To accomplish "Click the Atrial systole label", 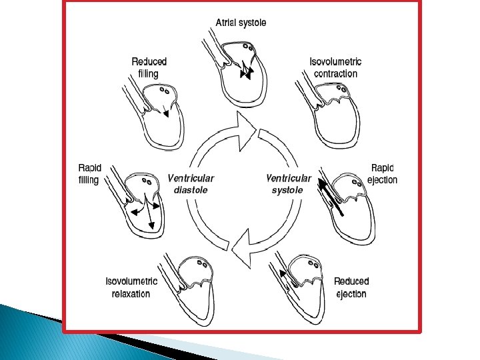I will click(x=241, y=23).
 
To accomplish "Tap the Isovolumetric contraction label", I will click(x=337, y=67).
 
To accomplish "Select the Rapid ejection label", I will click(x=383, y=174).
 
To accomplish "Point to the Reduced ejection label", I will click(x=351, y=287).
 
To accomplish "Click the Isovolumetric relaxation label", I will click(x=131, y=287).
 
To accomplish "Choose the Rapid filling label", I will click(x=89, y=174).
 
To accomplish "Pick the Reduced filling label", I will click(x=149, y=67).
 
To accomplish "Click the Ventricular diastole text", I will click(x=191, y=183).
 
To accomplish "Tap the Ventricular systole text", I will click(x=289, y=183).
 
